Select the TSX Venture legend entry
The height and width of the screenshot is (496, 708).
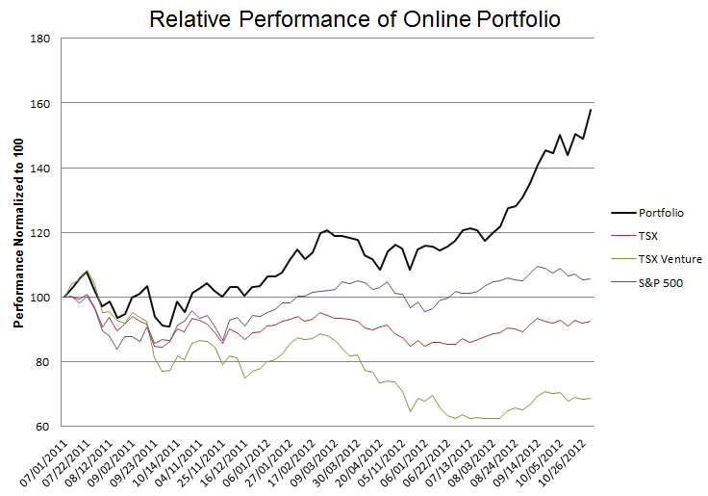point(669,258)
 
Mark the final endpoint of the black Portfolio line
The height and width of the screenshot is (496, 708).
point(591,110)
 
